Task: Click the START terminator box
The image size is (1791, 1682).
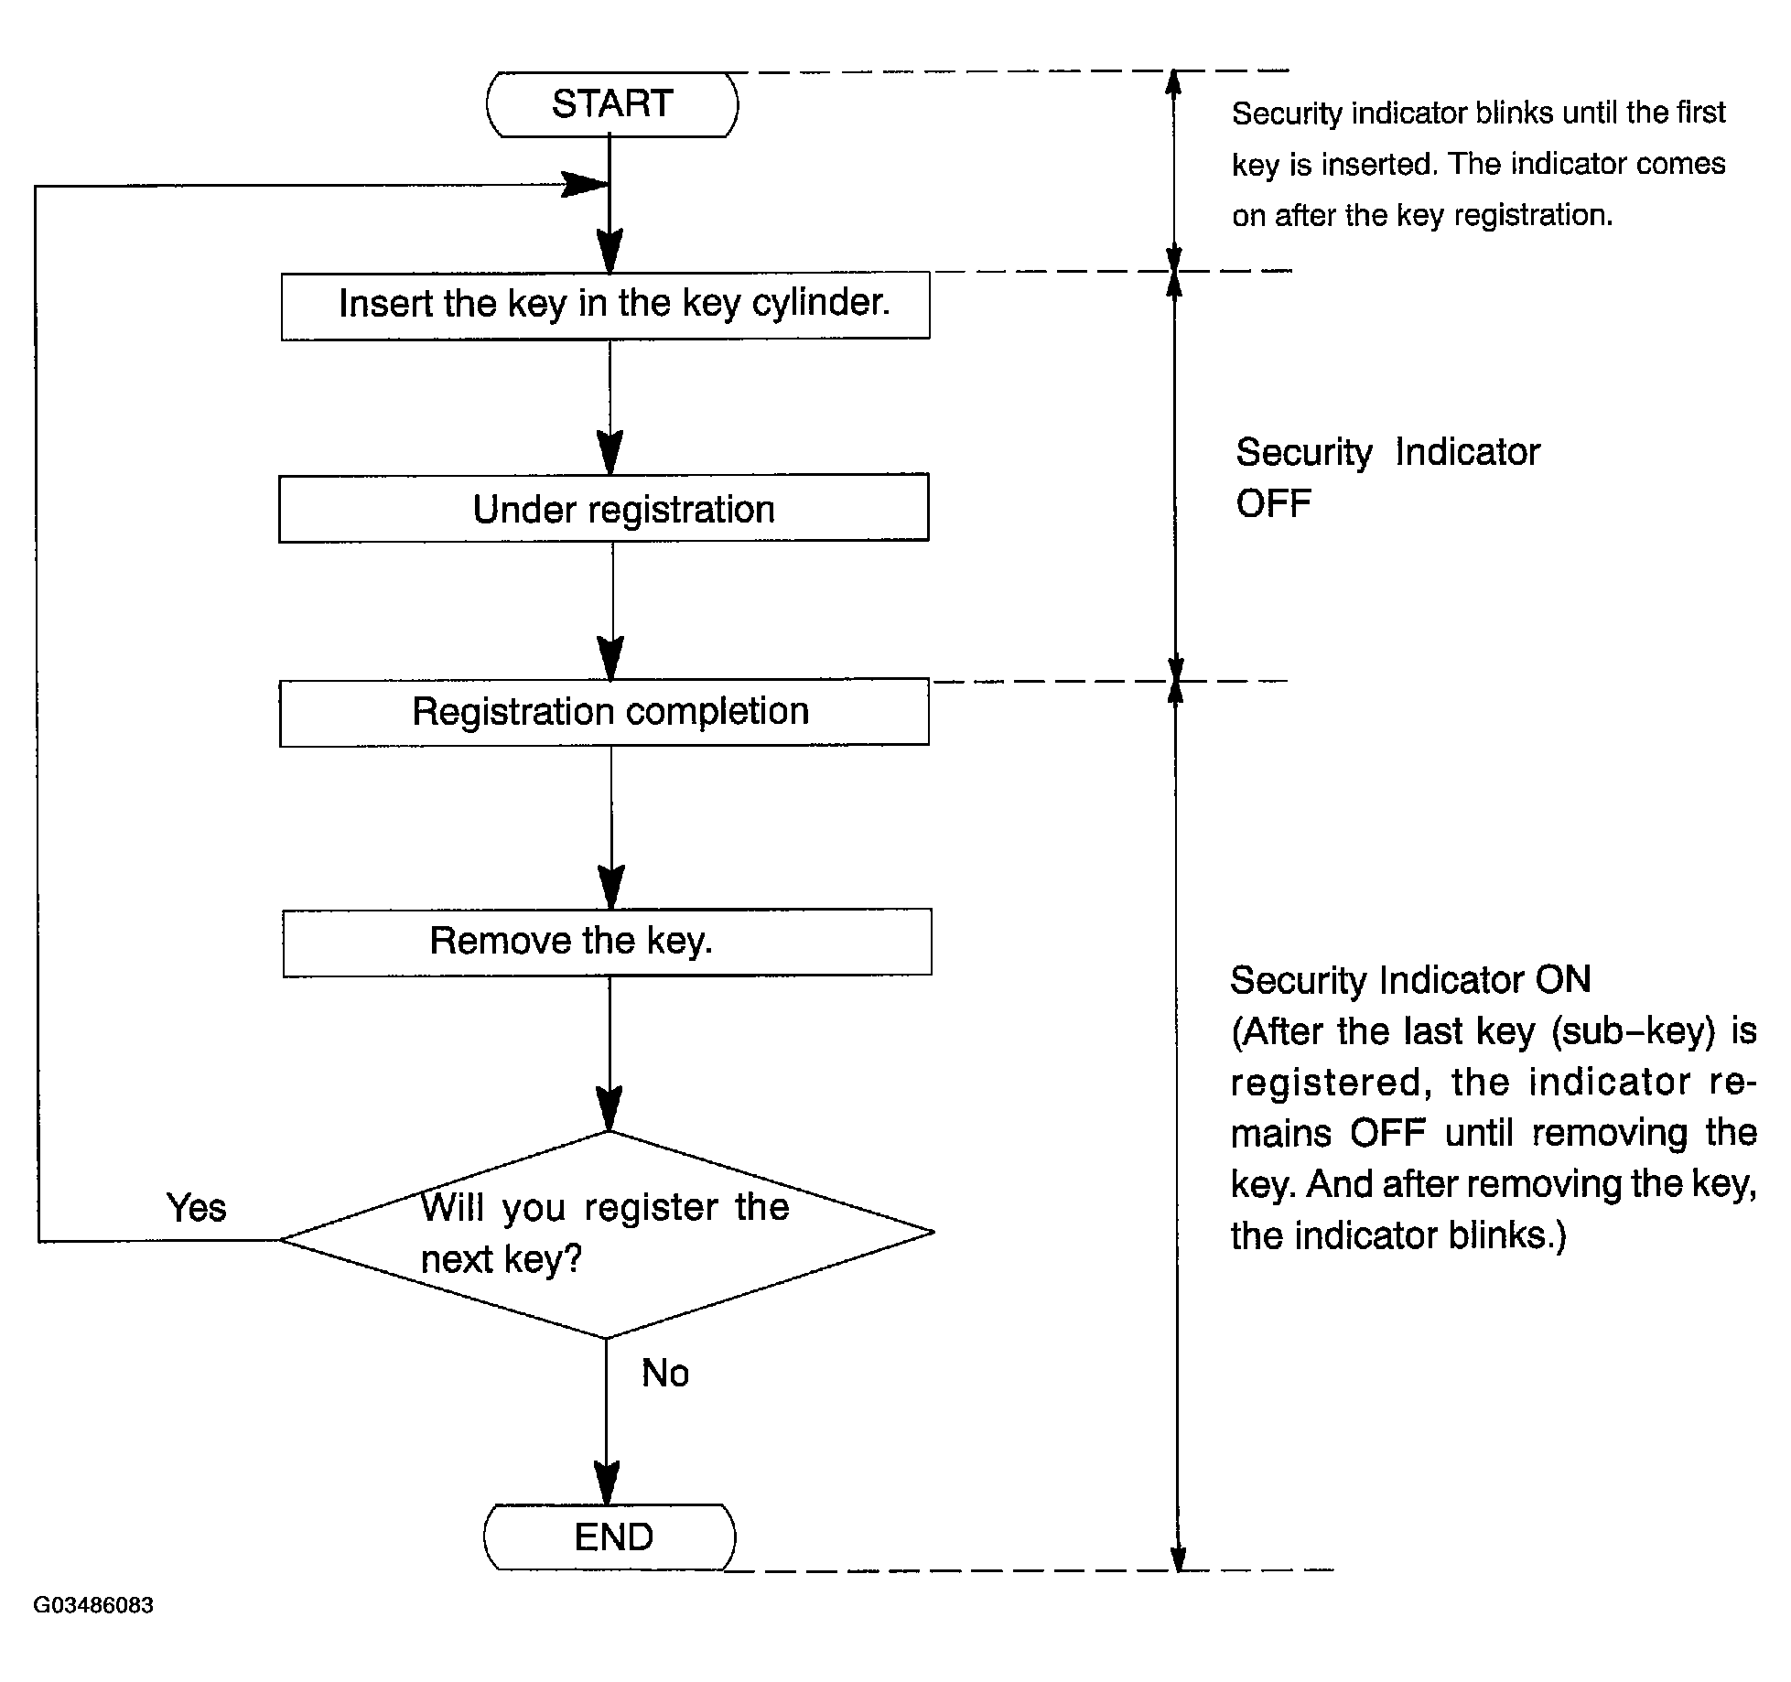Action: tap(611, 104)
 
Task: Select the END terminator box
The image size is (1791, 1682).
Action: tap(610, 1536)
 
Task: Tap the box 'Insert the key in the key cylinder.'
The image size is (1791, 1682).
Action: tap(605, 306)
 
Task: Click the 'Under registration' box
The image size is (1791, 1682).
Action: tap(604, 508)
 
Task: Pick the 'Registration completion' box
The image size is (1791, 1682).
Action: tap(604, 712)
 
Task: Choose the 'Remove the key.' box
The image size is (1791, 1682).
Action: tap(607, 942)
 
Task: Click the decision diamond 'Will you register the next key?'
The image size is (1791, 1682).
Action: tap(607, 1235)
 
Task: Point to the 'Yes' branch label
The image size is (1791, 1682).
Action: tap(196, 1208)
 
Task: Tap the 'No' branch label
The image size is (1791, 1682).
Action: tap(665, 1373)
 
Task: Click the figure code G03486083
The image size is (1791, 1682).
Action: tap(93, 1605)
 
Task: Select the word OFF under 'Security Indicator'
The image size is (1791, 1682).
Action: tap(1273, 503)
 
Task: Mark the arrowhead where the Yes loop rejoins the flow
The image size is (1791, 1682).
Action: tap(584, 185)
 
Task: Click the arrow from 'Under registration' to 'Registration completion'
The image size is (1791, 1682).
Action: tap(611, 610)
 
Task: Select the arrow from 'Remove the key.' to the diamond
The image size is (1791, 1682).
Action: tap(609, 1053)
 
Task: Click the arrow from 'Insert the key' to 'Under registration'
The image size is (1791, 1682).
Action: tap(610, 406)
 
